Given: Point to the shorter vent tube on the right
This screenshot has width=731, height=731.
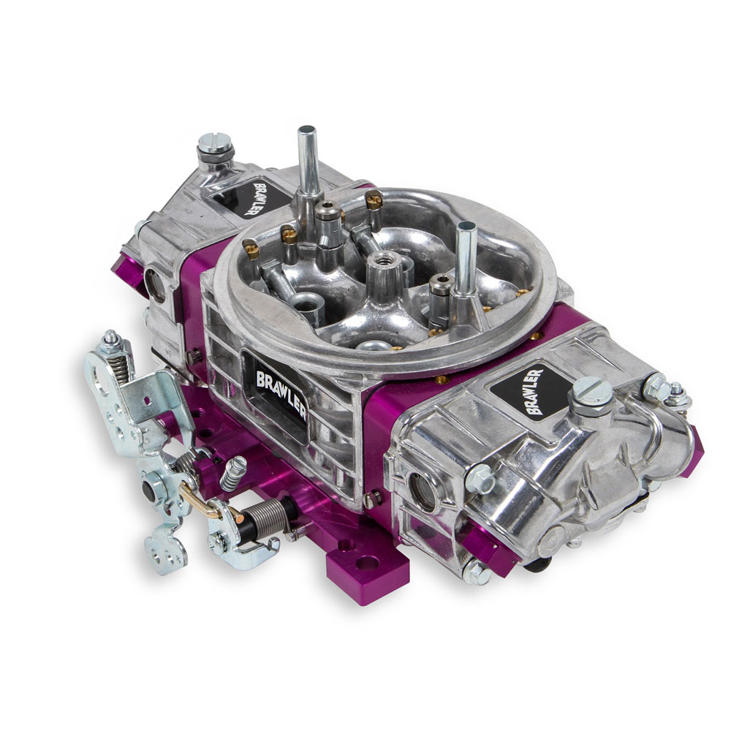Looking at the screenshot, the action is [465, 261].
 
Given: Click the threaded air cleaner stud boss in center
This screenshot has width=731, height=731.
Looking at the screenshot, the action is [385, 270].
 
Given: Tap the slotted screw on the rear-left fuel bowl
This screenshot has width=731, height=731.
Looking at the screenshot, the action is [214, 146].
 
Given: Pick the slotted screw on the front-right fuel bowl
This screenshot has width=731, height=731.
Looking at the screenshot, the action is [590, 395].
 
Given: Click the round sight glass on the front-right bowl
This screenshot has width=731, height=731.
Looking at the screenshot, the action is [421, 491].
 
